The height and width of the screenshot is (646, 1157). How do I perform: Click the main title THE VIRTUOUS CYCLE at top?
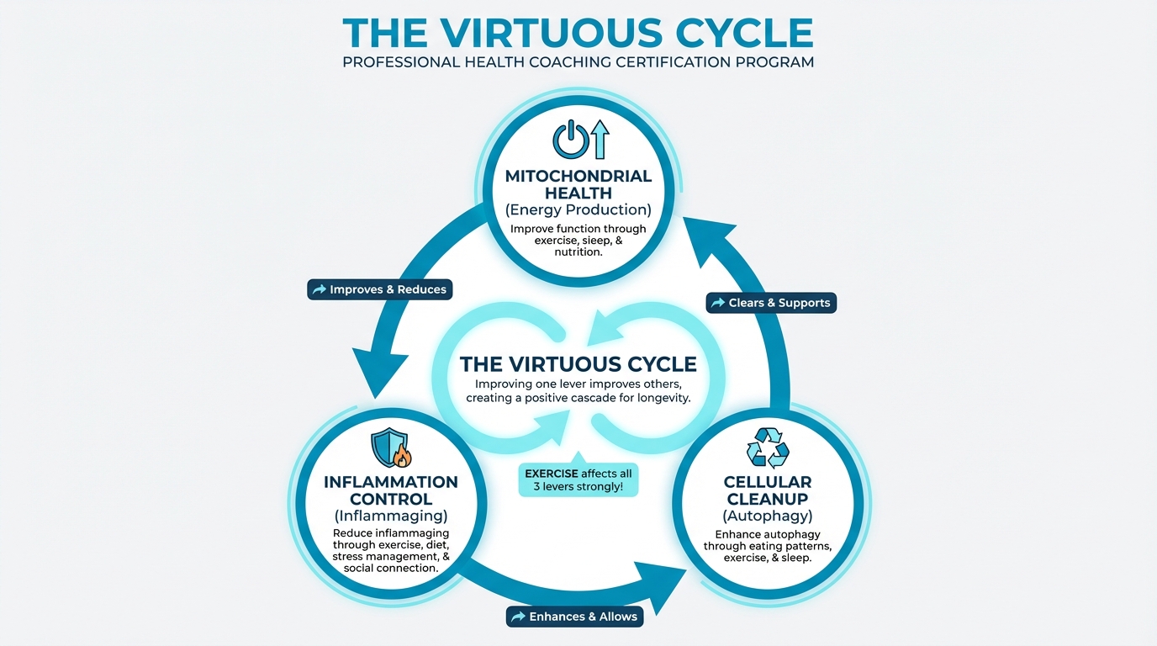coord(578,32)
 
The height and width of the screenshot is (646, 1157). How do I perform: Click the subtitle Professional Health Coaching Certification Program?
coord(578,62)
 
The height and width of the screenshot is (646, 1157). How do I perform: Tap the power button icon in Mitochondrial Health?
coord(568,140)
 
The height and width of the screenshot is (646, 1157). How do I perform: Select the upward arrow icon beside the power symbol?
coord(599,139)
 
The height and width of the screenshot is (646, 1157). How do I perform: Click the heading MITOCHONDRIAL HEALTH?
coord(578,184)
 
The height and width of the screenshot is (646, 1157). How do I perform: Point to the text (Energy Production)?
coord(578,209)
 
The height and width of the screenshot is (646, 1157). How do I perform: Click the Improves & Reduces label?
coord(380,289)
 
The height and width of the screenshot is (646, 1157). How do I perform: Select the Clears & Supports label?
coord(771,303)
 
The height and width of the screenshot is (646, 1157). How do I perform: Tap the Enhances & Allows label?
coord(575,617)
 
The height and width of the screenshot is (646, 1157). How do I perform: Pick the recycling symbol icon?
coord(768,447)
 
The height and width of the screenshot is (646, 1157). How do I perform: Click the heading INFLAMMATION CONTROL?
coord(391,490)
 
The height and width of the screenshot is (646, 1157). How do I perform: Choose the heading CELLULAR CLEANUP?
coord(768,490)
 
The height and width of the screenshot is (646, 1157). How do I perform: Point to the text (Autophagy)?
coord(768,515)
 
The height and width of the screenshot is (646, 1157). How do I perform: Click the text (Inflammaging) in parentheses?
coord(391,515)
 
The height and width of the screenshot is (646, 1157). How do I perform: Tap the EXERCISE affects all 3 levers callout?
coord(578,479)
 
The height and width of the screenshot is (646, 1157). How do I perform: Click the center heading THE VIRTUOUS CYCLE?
coord(578,364)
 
